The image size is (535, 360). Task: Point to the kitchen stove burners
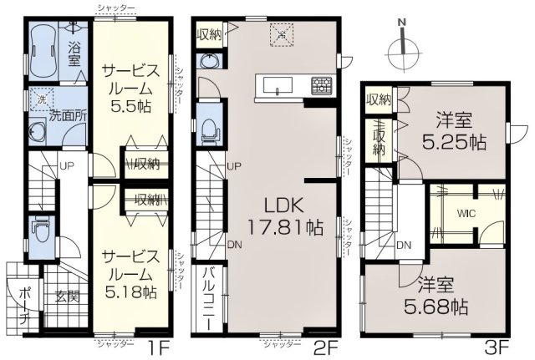[x=321, y=84]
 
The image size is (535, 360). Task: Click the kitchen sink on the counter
[x=277, y=84]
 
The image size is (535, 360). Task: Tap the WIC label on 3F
[x=466, y=212]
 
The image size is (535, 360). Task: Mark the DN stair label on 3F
[x=404, y=245]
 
